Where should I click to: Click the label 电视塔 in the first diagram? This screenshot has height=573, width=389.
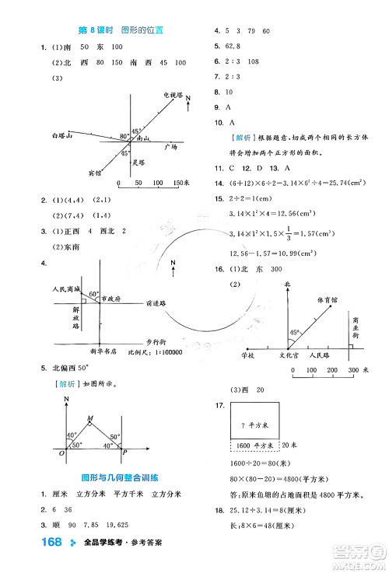click(172, 94)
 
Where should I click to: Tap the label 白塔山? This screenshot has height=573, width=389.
click(59, 135)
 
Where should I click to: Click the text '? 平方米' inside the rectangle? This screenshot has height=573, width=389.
click(254, 425)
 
